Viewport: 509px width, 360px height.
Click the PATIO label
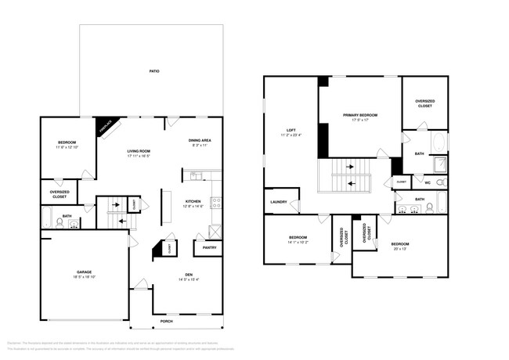pyautogui.click(x=154, y=71)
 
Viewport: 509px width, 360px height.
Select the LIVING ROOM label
pyautogui.click(x=139, y=151)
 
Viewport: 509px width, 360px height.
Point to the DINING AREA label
pyautogui.click(x=199, y=140)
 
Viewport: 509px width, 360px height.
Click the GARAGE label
pyautogui.click(x=84, y=272)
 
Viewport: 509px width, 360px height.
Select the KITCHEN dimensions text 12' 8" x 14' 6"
pyautogui.click(x=193, y=207)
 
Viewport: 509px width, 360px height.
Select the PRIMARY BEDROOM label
pyautogui.click(x=360, y=115)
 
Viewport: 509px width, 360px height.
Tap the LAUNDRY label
pyautogui.click(x=278, y=201)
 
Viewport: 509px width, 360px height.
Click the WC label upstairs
pyautogui.click(x=428, y=182)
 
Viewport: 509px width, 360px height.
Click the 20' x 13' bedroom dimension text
pyautogui.click(x=400, y=249)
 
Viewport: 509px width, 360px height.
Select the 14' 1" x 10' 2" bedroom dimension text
pyautogui.click(x=298, y=242)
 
